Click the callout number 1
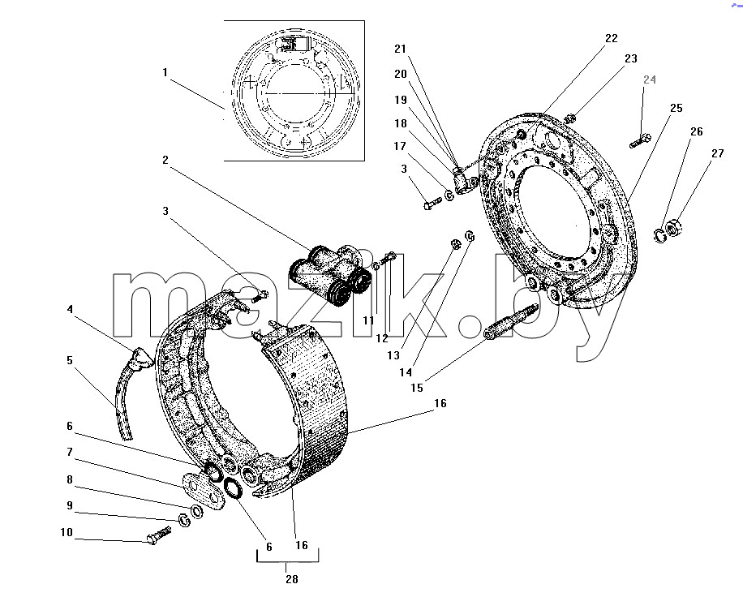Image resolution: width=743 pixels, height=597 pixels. click(165, 72)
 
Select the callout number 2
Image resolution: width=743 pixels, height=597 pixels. click(165, 160)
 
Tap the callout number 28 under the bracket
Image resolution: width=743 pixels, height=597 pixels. click(292, 579)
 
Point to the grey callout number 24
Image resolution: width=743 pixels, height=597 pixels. click(650, 79)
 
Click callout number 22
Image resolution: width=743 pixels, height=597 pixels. click(612, 38)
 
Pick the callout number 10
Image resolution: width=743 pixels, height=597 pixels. click(67, 532)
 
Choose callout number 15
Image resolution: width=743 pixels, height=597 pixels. click(417, 388)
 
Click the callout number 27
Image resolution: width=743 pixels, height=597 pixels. click(718, 153)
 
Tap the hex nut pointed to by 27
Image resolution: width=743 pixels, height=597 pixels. click(674, 227)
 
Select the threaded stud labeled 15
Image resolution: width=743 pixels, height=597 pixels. click(511, 321)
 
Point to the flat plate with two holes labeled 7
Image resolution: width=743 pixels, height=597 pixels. click(204, 491)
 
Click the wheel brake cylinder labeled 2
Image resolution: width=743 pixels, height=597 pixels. click(330, 275)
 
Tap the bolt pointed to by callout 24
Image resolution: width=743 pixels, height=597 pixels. click(641, 140)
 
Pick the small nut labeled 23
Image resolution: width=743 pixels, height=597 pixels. click(570, 117)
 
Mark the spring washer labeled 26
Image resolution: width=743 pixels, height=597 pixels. click(659, 235)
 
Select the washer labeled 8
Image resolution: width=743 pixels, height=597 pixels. click(196, 511)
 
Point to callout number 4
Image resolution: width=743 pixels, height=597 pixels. click(70, 309)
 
